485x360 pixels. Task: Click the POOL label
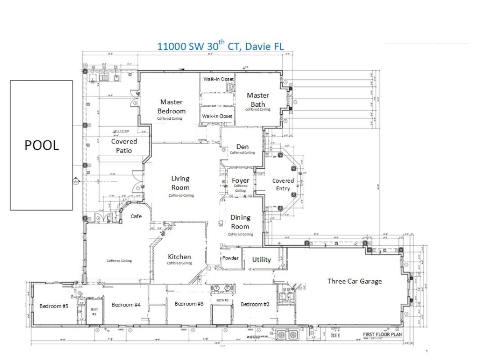click(41, 145)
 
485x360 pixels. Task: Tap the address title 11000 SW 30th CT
click(220, 46)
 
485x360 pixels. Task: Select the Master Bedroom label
click(172, 107)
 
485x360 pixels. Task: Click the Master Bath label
click(258, 99)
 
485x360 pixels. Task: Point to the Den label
click(242, 147)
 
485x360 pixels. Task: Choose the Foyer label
click(240, 180)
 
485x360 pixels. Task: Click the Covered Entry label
click(283, 184)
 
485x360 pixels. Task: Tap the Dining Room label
click(240, 222)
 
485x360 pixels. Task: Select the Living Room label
click(180, 183)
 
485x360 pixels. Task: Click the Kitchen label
click(179, 257)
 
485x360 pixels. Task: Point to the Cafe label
click(136, 216)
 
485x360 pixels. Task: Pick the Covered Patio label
click(124, 146)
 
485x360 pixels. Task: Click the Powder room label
click(231, 258)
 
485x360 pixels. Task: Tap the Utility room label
click(262, 260)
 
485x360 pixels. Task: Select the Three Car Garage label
click(354, 281)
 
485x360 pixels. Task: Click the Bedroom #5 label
click(54, 306)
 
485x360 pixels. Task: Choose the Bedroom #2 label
click(255, 305)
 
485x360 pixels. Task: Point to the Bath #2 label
click(222, 300)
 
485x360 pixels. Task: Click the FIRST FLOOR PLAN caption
click(382, 334)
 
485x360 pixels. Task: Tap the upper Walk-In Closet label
click(218, 79)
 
